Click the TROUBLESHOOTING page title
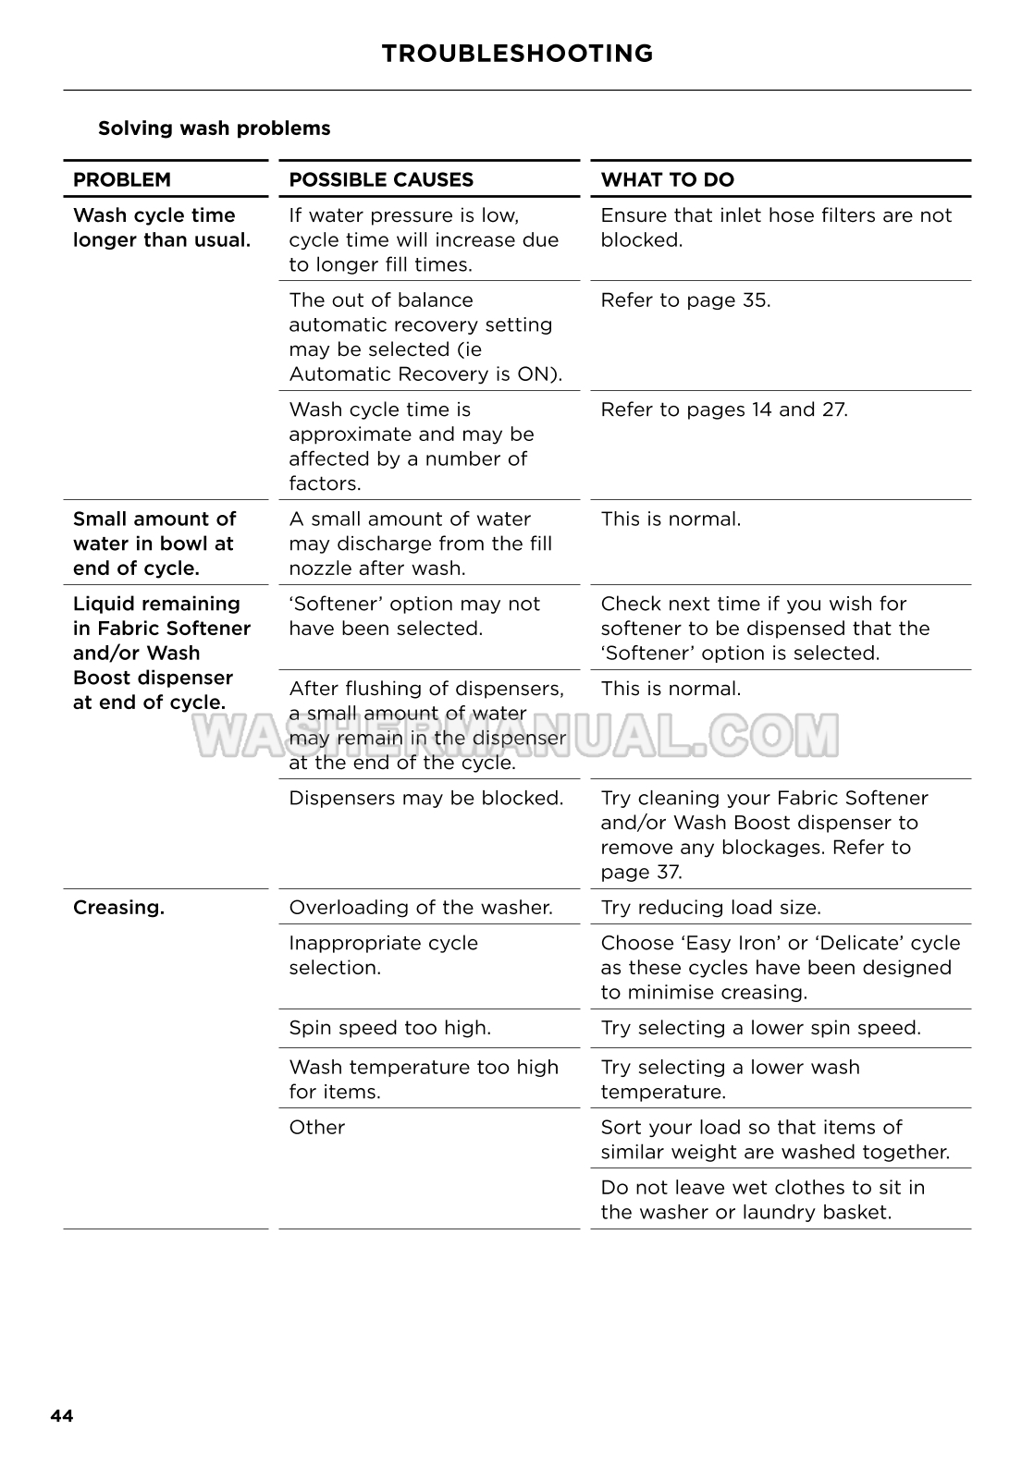[x=517, y=54]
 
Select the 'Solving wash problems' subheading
[x=214, y=128]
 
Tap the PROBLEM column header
[x=122, y=179]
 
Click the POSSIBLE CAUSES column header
[x=381, y=179]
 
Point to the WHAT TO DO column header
[x=667, y=179]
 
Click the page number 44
[x=62, y=1416]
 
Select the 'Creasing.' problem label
[x=118, y=908]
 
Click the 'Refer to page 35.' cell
[x=684, y=300]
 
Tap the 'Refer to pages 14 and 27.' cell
[x=723, y=410]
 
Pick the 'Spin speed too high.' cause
[x=389, y=1028]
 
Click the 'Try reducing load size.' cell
[x=710, y=908]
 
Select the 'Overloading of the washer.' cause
[x=420, y=908]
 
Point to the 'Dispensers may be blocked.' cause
[x=425, y=798]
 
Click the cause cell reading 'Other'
[x=316, y=1128]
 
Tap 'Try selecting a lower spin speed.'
[x=760, y=1028]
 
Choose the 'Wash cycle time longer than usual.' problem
[x=161, y=227]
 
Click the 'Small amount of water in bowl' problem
[x=154, y=544]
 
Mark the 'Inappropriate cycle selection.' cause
[x=383, y=955]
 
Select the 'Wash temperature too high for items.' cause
[x=424, y=1079]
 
